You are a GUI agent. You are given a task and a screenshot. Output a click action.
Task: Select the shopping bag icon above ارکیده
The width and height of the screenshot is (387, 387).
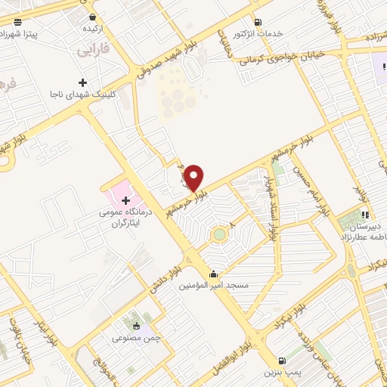point(92,17)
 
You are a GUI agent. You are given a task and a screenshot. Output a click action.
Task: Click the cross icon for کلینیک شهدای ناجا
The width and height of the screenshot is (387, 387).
point(82,82)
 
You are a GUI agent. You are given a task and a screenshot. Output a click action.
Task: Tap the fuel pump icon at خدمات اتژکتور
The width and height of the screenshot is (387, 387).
point(259,23)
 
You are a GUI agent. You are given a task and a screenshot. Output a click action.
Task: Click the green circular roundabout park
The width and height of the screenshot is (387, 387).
point(219,234)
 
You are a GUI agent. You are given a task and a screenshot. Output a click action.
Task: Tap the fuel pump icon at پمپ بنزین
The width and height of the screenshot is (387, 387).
point(282,361)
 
